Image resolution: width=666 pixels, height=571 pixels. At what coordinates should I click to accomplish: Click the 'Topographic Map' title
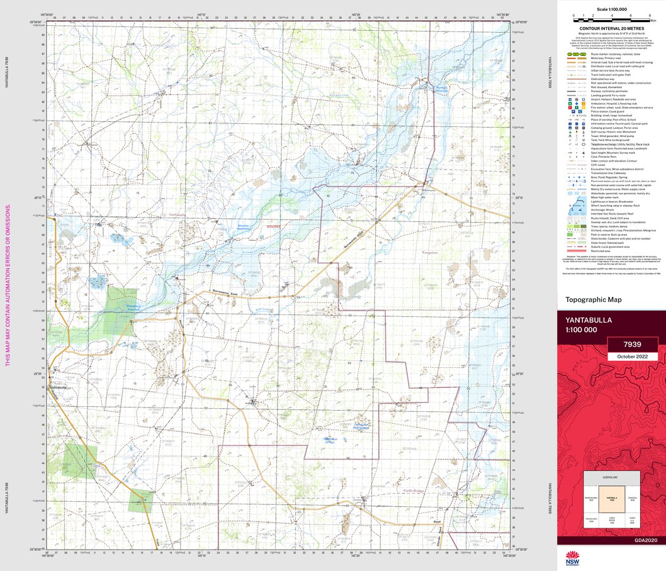[x=594, y=300]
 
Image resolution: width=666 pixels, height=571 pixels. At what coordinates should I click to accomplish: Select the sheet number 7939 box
[x=632, y=345]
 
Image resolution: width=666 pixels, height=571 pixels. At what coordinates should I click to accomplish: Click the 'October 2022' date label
[x=632, y=357]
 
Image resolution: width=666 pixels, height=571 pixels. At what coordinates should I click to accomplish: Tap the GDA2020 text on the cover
[x=645, y=540]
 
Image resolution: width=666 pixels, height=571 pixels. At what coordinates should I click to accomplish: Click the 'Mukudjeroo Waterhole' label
[x=127, y=308]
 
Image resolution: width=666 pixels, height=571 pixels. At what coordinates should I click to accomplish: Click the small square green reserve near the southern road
[x=140, y=501]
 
